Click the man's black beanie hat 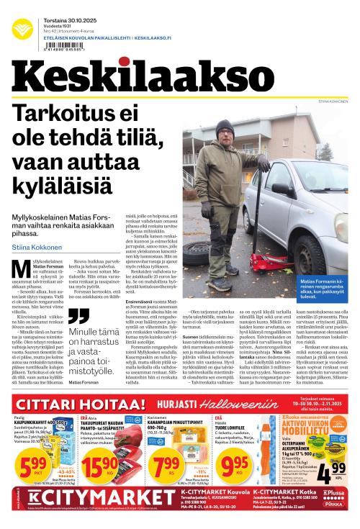(x=225, y=127)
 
